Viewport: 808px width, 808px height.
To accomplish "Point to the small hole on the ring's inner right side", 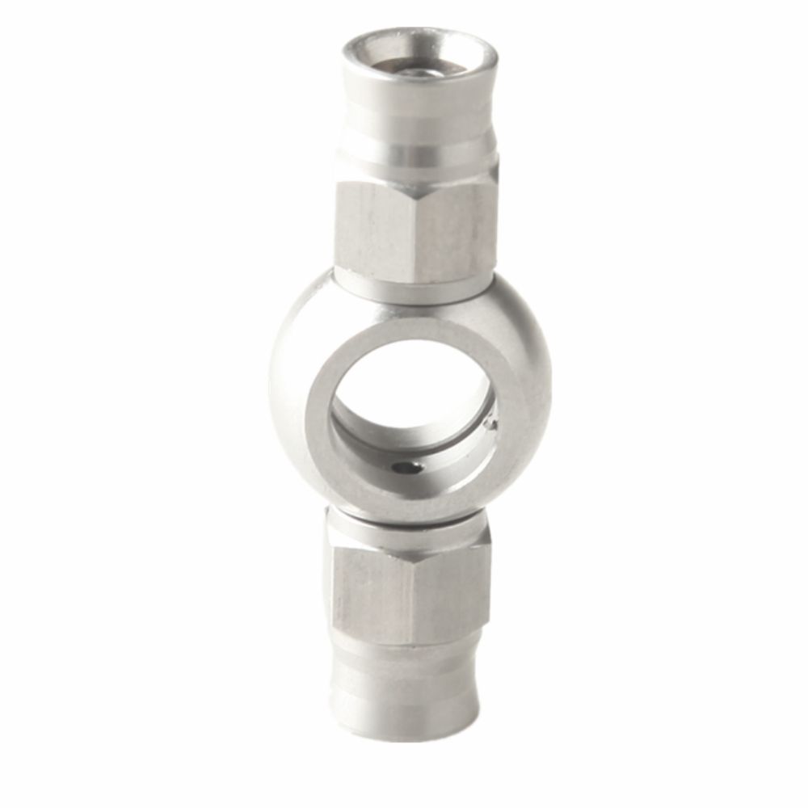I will pyautogui.click(x=490, y=421).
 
